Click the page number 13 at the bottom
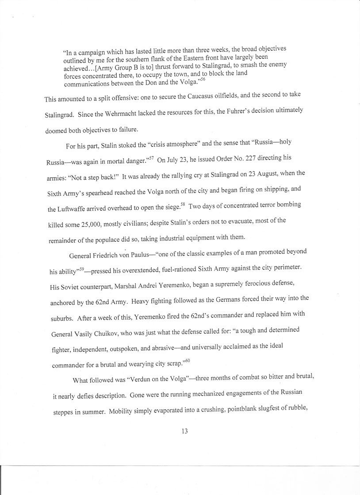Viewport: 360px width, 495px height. click(185, 431)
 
